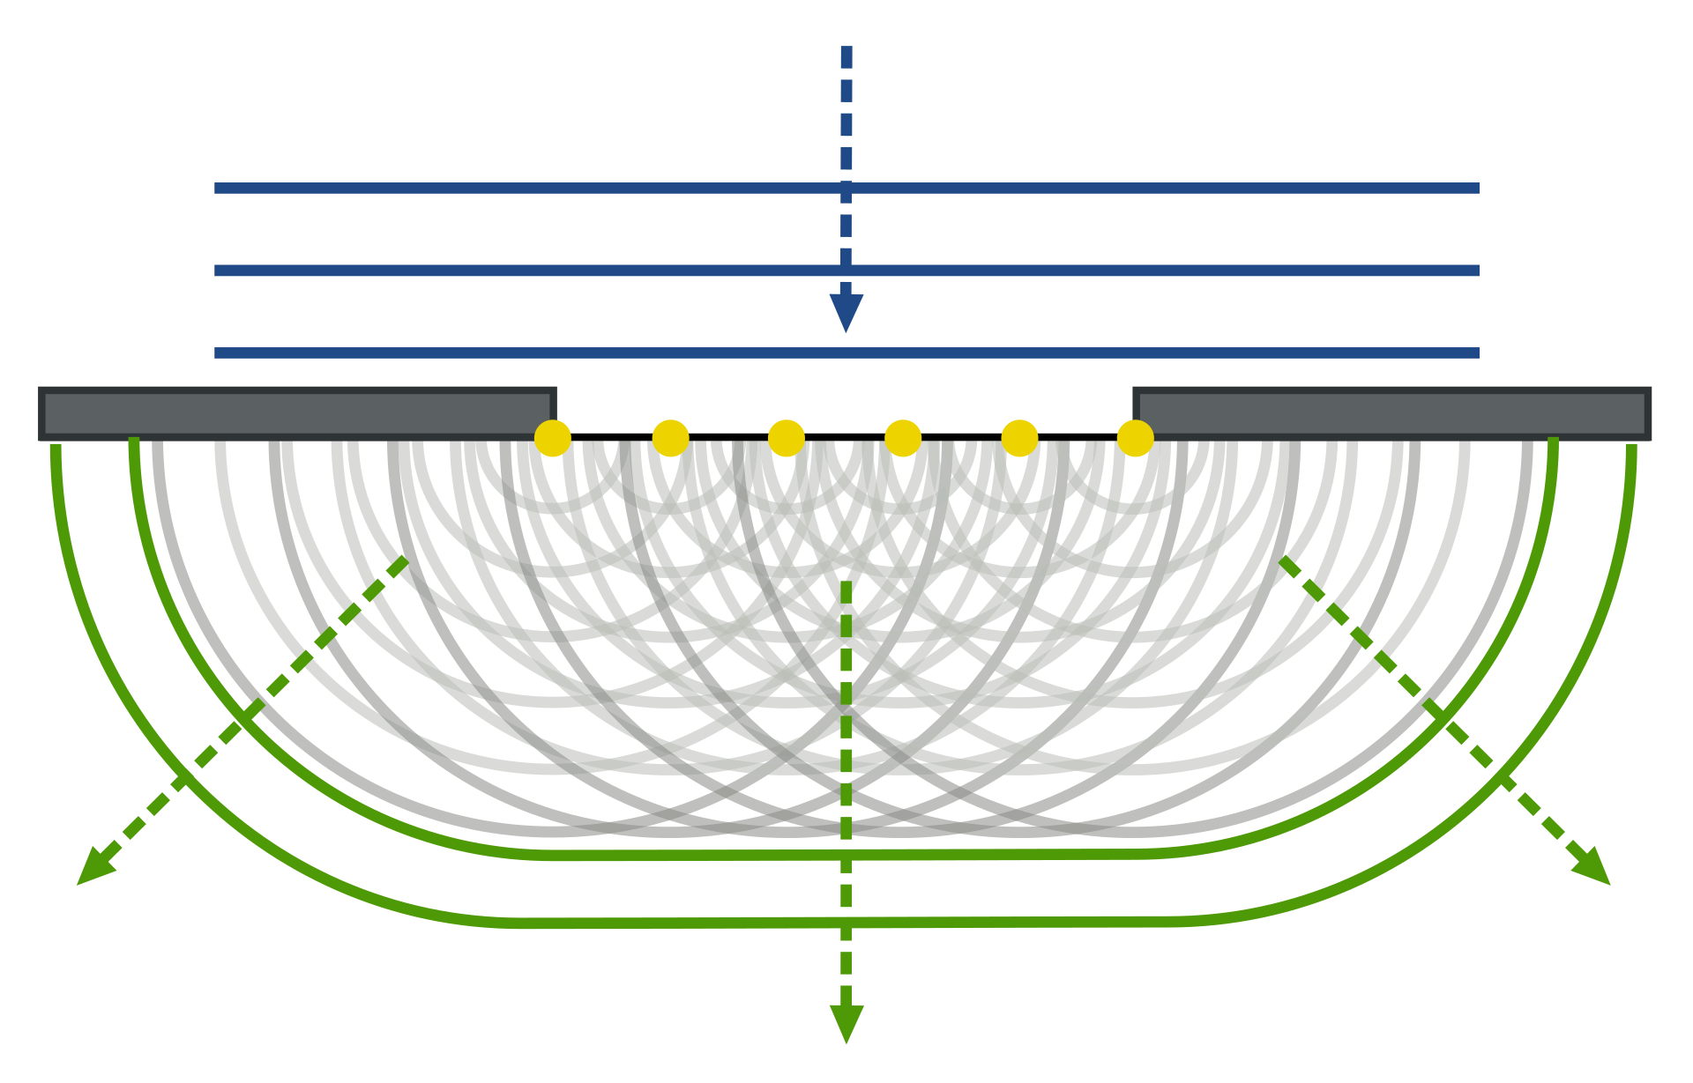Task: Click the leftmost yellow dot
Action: coord(553,438)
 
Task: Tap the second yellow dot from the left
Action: coord(670,438)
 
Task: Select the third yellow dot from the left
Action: coord(787,438)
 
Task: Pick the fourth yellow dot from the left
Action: coord(903,438)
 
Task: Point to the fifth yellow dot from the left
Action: coord(1019,438)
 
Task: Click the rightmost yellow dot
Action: coord(1135,438)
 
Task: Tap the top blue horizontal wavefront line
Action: coord(529,189)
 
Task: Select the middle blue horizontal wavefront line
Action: coord(529,271)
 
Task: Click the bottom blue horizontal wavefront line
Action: coord(529,353)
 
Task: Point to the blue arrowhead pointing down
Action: coord(846,312)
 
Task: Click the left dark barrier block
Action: coord(296,412)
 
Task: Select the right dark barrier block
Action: coord(1391,412)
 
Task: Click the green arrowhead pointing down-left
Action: coord(93,870)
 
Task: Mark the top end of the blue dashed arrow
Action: coord(846,49)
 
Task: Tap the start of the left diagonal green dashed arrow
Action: coord(404,560)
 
